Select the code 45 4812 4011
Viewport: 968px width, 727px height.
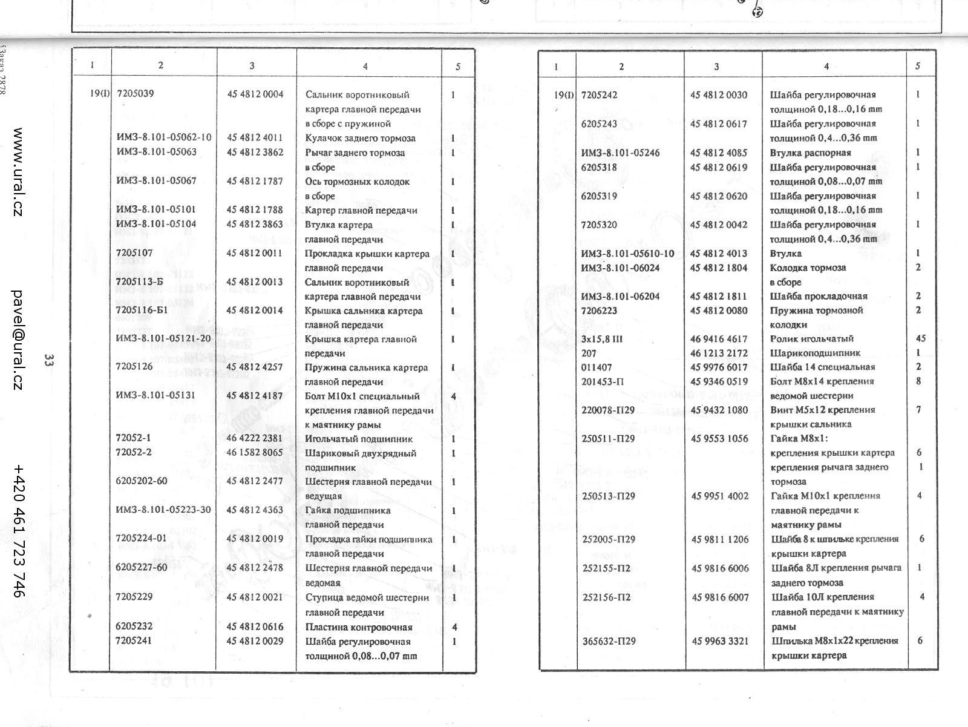[x=255, y=138]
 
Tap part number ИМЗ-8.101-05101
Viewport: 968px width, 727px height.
[x=156, y=209]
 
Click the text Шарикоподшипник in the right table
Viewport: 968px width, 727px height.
[x=815, y=353]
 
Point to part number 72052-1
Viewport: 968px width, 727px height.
[x=134, y=438]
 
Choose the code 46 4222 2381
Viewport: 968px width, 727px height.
[x=255, y=439]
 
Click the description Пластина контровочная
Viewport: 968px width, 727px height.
[x=359, y=627]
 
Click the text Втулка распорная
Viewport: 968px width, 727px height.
[x=810, y=153]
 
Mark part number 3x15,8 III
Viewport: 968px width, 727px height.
[x=602, y=339]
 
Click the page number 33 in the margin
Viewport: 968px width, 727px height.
[x=49, y=361]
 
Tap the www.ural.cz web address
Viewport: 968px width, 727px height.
[x=19, y=173]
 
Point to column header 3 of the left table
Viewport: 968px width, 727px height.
[x=252, y=65]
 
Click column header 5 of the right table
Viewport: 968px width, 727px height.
[x=918, y=66]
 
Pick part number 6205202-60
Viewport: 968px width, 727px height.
[x=142, y=481]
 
